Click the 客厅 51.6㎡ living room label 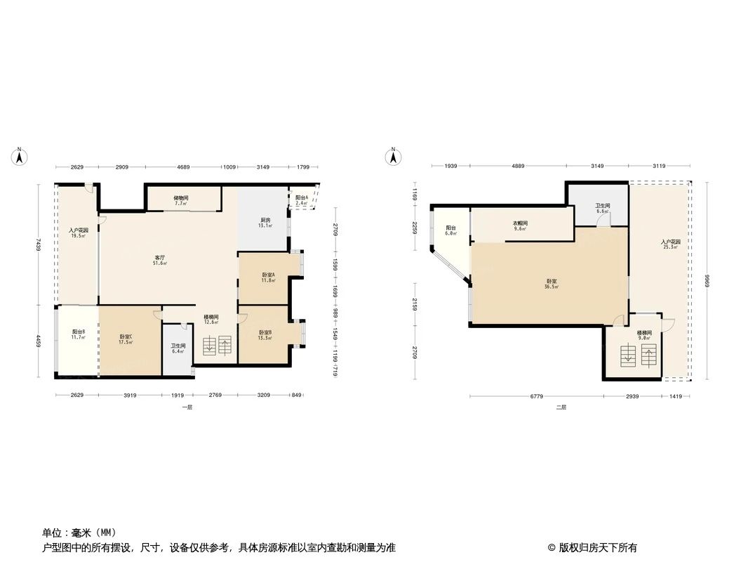(x=160, y=261)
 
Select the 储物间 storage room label (x=180, y=200)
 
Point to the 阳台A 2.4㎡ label (x=302, y=200)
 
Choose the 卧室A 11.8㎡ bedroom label (x=268, y=277)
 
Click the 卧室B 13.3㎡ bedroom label (x=265, y=335)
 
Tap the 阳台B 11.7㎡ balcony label (x=78, y=335)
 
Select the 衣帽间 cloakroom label (x=520, y=226)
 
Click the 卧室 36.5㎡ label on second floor (x=552, y=284)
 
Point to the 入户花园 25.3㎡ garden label (x=671, y=244)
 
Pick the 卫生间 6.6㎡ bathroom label (x=602, y=208)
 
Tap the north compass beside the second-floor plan (x=394, y=157)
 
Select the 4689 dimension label (x=183, y=167)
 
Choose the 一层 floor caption (x=187, y=407)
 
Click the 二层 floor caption (x=561, y=407)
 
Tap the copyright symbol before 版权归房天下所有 (x=552, y=548)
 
